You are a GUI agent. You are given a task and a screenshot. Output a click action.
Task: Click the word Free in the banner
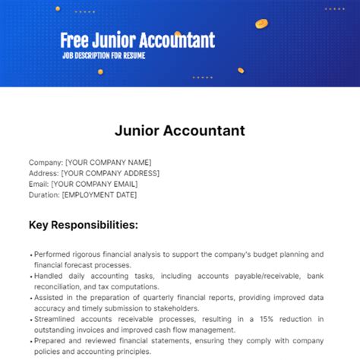point(78,39)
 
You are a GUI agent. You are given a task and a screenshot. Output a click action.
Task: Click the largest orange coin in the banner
point(262,24)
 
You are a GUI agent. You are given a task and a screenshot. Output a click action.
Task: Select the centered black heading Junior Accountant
point(180,130)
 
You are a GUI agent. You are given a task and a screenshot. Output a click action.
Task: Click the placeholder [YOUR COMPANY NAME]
point(109,162)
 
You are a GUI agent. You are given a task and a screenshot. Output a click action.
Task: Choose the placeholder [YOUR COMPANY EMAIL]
point(96,184)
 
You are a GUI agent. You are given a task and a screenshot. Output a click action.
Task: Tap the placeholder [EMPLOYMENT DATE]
point(99,194)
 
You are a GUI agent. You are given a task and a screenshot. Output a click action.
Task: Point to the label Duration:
point(45,194)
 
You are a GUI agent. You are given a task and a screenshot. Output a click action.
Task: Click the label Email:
point(39,184)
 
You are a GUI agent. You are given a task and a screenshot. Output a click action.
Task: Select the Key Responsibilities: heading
point(84,225)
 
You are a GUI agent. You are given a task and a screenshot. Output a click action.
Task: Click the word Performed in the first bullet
point(54,254)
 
